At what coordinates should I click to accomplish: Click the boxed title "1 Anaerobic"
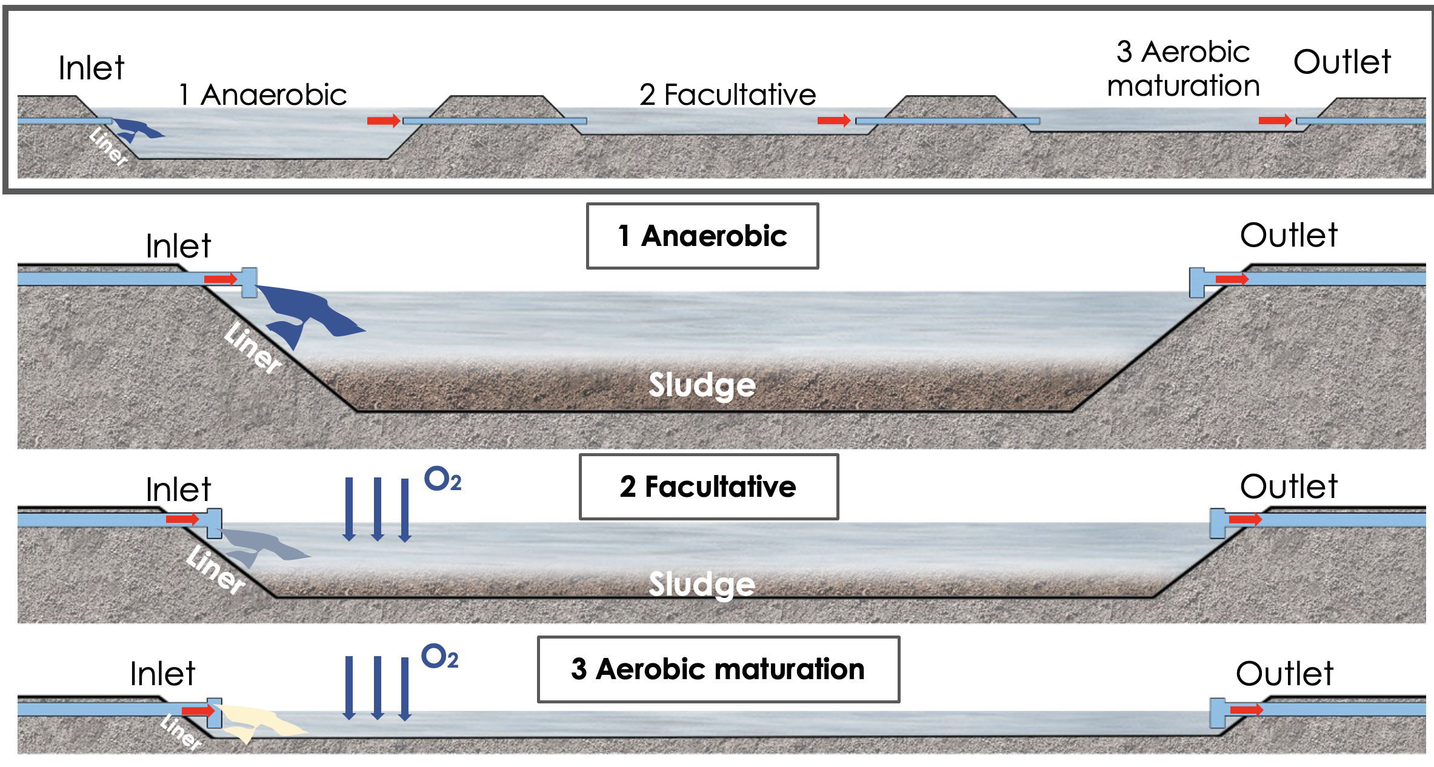click(702, 236)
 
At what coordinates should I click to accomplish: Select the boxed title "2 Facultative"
click(708, 486)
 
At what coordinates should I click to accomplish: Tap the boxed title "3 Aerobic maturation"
click(718, 669)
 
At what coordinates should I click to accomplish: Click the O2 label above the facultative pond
click(442, 479)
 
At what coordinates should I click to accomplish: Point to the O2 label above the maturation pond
click(439, 657)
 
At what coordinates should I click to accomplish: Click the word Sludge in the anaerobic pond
click(702, 385)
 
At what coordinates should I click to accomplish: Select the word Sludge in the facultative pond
click(702, 583)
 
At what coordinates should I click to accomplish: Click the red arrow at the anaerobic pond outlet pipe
click(1232, 279)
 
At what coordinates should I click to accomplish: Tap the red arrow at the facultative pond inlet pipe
click(182, 519)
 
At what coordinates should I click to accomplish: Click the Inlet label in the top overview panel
click(91, 68)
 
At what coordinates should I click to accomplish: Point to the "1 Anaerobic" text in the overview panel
click(262, 95)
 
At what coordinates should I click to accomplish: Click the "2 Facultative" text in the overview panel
click(727, 95)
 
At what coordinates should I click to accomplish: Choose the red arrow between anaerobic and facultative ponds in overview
click(383, 121)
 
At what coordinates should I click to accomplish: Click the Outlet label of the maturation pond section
click(1284, 674)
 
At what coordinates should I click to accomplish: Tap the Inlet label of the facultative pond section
click(178, 490)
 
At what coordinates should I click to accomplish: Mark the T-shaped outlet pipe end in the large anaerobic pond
click(1197, 282)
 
